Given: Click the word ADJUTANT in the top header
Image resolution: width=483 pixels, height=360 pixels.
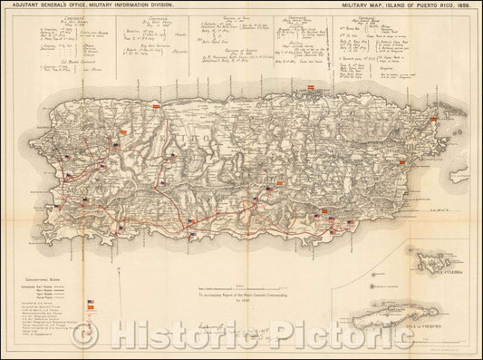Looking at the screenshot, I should tap(20, 5).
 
